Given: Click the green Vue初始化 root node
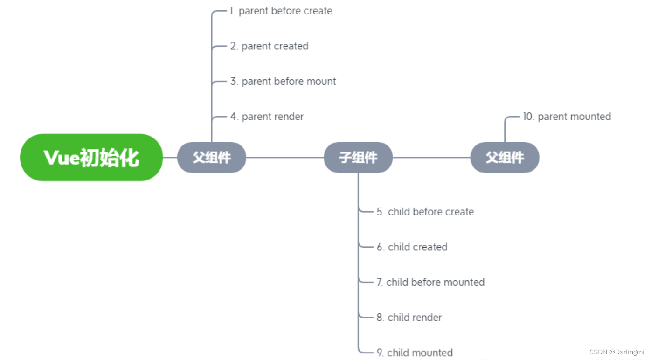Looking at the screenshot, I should (91, 158).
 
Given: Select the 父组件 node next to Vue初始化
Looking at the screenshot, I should (212, 158).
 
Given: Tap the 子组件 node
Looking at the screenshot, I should (358, 158).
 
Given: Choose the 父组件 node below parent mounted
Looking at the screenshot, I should (505, 158).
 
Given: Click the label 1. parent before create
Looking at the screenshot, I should (281, 11).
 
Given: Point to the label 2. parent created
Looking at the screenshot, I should (269, 46).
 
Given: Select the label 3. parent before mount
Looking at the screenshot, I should (283, 82).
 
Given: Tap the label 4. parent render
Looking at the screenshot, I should (267, 117).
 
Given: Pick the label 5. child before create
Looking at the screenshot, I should (425, 212).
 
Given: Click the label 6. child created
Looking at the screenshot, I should (412, 247).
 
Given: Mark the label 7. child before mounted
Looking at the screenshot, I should (430, 282).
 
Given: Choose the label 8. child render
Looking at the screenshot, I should (409, 318).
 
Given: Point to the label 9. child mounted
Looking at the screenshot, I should (415, 353).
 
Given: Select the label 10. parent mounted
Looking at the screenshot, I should (567, 117).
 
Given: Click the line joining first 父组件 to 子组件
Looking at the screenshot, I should (284, 158).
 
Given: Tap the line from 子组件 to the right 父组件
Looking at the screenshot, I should (431, 158).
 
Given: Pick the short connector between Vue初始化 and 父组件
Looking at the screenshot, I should (170, 158).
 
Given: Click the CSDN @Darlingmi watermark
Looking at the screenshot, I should (616, 352).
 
